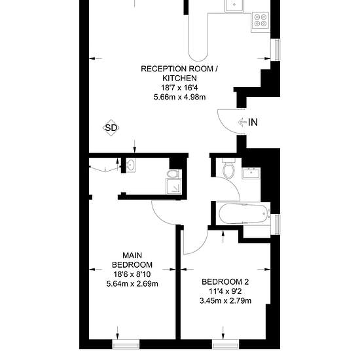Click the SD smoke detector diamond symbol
click(x=111, y=128)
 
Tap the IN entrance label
click(x=253, y=122)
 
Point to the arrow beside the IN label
click(x=242, y=122)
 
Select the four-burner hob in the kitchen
click(x=261, y=20)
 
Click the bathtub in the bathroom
click(x=243, y=213)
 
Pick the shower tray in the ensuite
click(x=174, y=186)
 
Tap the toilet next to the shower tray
click(x=173, y=173)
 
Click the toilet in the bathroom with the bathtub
click(x=228, y=168)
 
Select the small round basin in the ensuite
click(x=131, y=165)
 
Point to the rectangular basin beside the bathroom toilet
click(x=251, y=173)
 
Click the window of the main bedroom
click(x=126, y=344)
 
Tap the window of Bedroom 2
click(x=225, y=344)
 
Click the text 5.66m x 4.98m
click(x=180, y=97)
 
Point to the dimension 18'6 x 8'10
click(x=132, y=274)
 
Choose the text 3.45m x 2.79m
click(x=225, y=301)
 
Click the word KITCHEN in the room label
click(x=179, y=79)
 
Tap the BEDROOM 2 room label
click(x=225, y=281)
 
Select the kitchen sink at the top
click(x=234, y=5)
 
